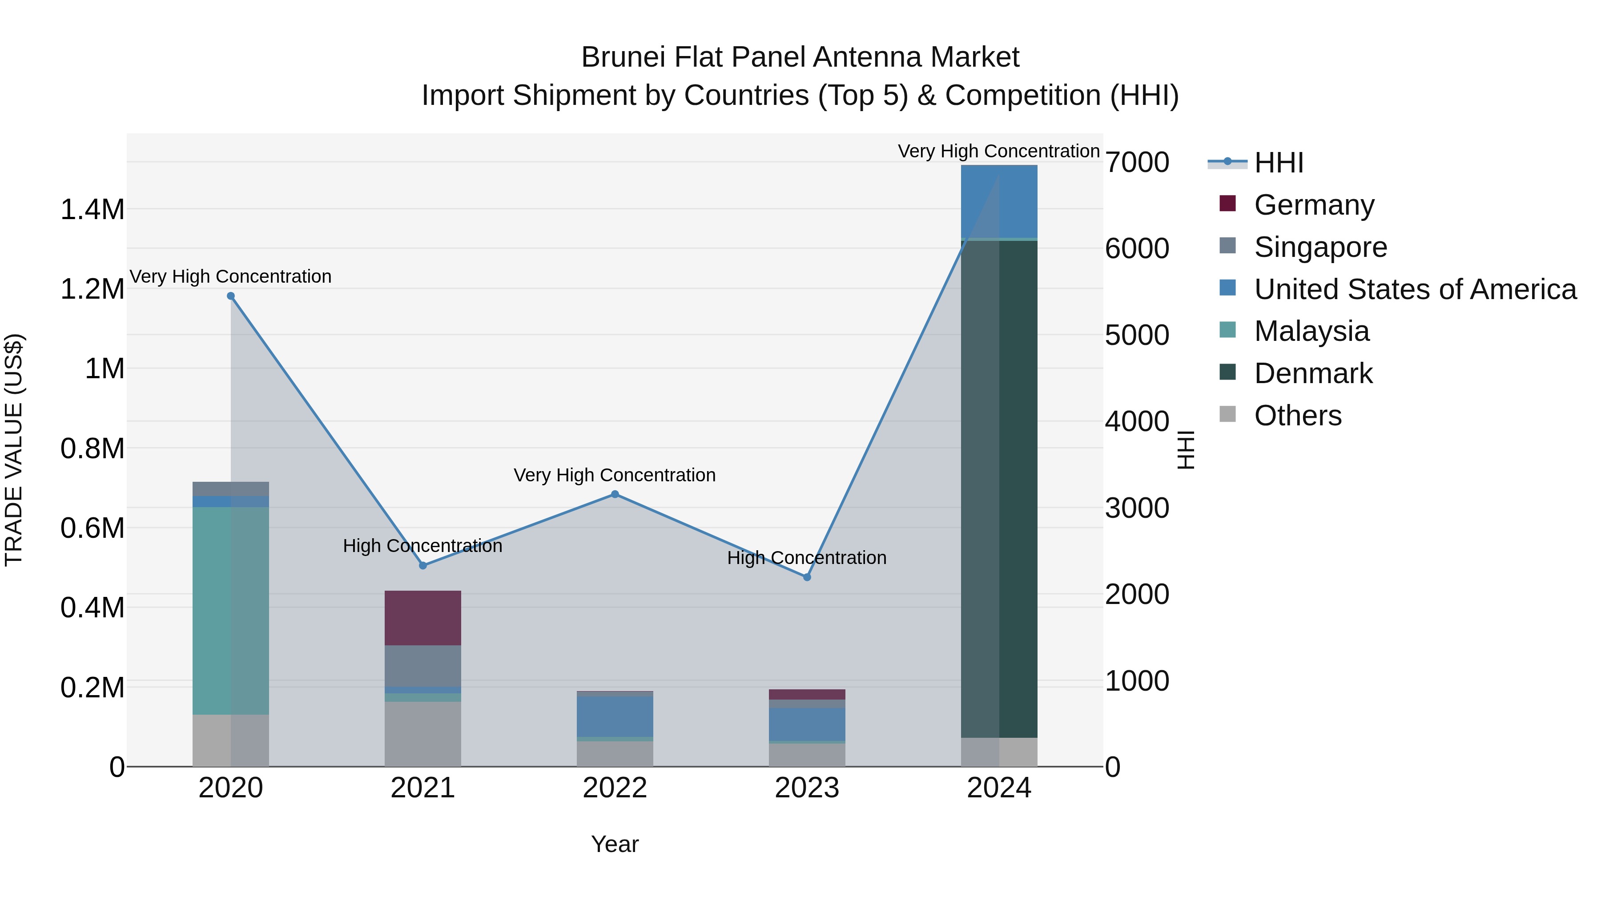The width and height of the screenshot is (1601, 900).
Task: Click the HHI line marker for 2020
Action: pos(230,296)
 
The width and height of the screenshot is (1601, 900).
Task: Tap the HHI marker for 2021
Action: pos(422,565)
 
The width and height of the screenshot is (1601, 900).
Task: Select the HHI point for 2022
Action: pos(615,494)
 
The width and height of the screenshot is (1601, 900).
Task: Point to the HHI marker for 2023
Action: pos(807,577)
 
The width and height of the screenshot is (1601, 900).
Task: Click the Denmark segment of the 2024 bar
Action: pos(999,491)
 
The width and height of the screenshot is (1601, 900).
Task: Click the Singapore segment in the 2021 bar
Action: pos(422,665)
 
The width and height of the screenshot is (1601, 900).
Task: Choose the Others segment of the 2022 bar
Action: pos(615,753)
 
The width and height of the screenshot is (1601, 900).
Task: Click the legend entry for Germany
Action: pos(1313,205)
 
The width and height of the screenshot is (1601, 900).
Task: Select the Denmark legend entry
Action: pos(1313,373)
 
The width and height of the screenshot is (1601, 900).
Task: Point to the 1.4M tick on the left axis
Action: pos(92,209)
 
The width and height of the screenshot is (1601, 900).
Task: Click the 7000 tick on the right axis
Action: pos(1137,162)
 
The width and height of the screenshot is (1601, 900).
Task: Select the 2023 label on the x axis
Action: pos(807,788)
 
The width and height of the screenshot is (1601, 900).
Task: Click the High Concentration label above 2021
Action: pos(422,546)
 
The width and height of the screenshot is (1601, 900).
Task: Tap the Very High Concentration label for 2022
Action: pos(615,475)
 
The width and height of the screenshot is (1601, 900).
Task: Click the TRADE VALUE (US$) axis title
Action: pos(14,450)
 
